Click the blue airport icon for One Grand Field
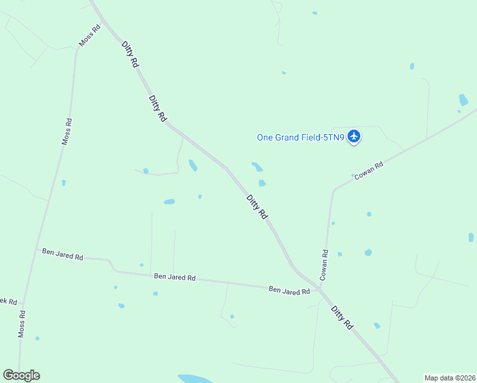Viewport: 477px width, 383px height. point(355,137)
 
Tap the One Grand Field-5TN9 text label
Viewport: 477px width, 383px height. point(300,137)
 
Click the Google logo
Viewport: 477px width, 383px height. point(21,375)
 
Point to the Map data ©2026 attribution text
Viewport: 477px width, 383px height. point(450,377)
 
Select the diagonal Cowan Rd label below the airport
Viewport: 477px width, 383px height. point(369,170)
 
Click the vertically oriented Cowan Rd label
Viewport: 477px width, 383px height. point(324,265)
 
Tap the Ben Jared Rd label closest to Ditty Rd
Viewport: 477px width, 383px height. point(289,290)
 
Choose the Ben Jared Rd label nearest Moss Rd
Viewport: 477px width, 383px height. point(62,255)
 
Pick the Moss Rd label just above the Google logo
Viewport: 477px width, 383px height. point(22,324)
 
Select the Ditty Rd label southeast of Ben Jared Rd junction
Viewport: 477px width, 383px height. point(342,317)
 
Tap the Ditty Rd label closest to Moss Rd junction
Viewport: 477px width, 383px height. point(130,52)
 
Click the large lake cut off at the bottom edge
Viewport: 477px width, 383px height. point(197,379)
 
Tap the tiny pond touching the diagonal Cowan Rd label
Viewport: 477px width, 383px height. point(353,176)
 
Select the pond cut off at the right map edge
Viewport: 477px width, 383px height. point(471,237)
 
